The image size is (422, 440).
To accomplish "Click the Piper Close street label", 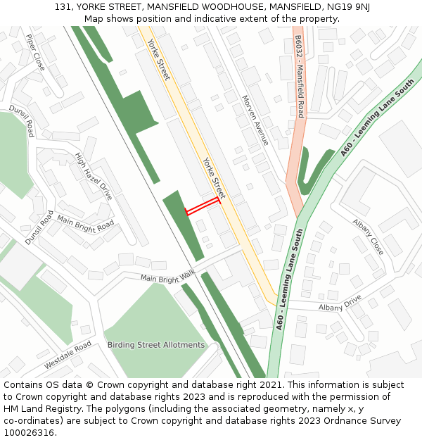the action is click(35, 52).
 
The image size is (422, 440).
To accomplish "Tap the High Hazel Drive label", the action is click(94, 177).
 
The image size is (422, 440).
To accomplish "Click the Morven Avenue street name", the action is click(255, 120).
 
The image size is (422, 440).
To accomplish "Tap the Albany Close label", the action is click(369, 237).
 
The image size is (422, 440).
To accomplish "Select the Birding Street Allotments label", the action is click(155, 345).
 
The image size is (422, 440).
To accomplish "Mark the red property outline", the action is click(202, 206).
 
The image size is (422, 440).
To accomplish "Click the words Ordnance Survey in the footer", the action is click(363, 421).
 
